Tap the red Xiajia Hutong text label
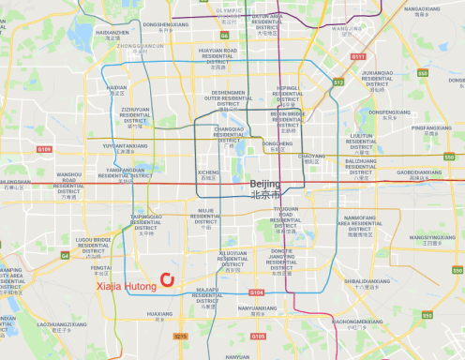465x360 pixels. (x=128, y=279)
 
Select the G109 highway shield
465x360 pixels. (x=44, y=149)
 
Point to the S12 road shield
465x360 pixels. (x=338, y=82)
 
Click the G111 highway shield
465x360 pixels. (x=357, y=56)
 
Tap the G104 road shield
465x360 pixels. (x=258, y=293)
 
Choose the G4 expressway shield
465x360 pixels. (x=65, y=255)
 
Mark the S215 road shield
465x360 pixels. (x=181, y=336)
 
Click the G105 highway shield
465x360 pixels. (x=258, y=336)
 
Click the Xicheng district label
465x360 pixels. (x=208, y=172)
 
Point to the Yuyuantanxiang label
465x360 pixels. (x=126, y=146)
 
